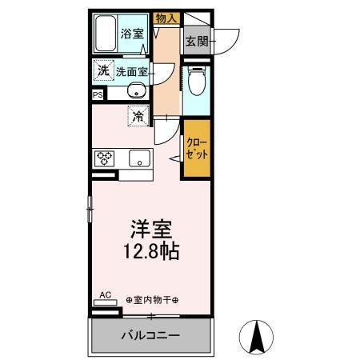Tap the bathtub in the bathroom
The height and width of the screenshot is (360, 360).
click(x=106, y=34)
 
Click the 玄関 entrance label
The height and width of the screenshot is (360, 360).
click(x=196, y=41)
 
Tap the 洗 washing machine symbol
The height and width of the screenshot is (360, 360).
click(x=102, y=70)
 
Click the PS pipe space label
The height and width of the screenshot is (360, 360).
click(x=98, y=94)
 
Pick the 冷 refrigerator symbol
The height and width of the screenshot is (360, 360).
click(x=138, y=117)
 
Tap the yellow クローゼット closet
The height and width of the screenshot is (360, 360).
click(x=196, y=148)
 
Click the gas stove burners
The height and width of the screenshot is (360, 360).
click(x=105, y=158)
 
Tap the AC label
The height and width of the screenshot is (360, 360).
click(x=105, y=294)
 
